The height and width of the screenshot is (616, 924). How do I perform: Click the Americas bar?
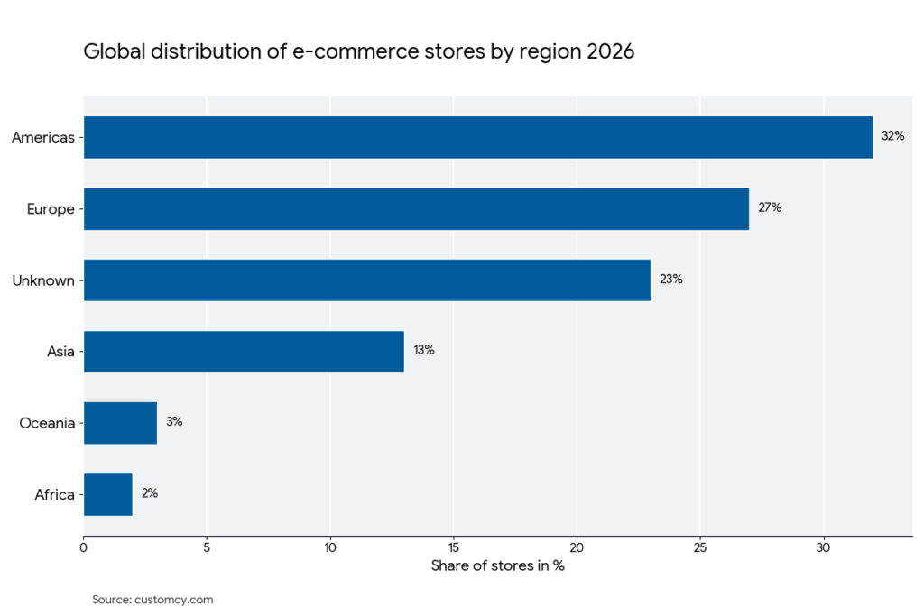tap(478, 137)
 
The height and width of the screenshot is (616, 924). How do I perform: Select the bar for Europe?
tap(416, 208)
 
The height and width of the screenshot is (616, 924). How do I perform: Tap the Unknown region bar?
tap(367, 280)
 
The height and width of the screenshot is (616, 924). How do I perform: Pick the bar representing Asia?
tap(244, 351)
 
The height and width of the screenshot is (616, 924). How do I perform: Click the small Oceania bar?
tap(120, 422)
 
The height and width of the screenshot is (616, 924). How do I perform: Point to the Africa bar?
tap(108, 494)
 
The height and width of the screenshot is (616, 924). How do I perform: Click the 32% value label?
tap(892, 136)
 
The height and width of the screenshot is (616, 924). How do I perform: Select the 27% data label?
tap(770, 207)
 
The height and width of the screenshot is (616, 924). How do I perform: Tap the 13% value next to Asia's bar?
tap(424, 350)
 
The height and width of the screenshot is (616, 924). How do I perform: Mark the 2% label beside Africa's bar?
tap(150, 493)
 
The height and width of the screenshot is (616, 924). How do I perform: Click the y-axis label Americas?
tap(42, 137)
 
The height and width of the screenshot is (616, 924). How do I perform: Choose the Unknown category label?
tap(42, 280)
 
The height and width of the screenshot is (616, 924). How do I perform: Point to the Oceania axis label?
tap(46, 423)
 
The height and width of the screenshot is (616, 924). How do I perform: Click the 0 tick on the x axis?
tap(84, 547)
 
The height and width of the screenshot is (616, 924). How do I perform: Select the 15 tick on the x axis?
tap(453, 547)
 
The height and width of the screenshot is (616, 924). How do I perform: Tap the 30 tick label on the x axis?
tap(823, 547)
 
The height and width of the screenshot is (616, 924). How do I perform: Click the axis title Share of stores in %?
tap(497, 565)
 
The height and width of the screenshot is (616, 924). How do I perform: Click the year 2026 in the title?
tap(610, 51)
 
